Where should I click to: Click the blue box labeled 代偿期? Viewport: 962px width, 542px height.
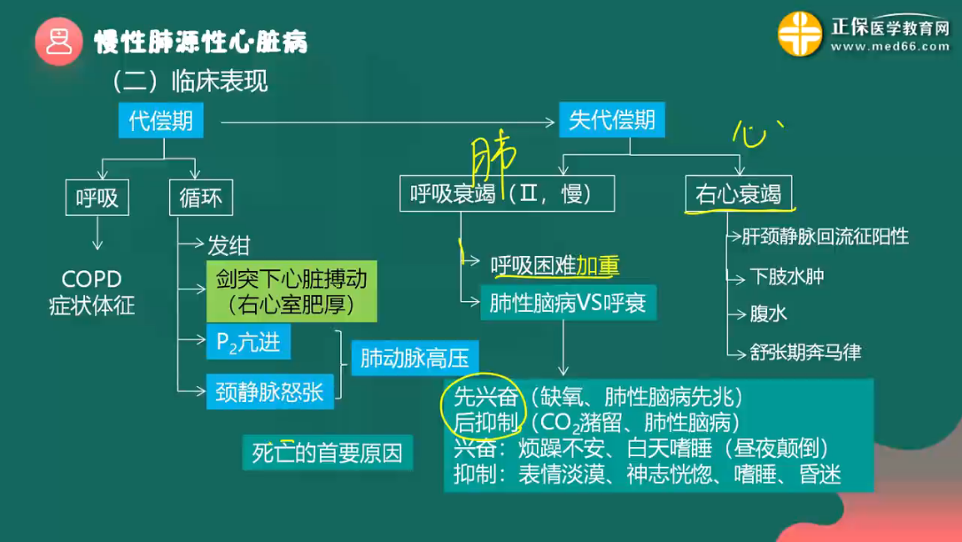point(160,120)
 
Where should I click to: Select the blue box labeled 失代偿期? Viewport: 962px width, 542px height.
point(611,120)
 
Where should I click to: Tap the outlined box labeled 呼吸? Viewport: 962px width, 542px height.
point(97,197)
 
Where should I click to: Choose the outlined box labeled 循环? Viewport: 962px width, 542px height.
point(201,197)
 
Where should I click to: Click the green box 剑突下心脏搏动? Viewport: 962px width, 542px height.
point(291,291)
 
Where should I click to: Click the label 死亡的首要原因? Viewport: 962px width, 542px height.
point(327,453)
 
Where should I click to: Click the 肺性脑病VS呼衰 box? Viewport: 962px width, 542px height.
point(567,304)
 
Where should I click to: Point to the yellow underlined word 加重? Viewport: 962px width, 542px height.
point(598,265)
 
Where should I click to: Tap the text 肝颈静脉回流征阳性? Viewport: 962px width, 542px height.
point(825,236)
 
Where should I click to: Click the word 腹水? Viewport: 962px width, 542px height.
point(768,314)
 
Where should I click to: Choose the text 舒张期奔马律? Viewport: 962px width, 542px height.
point(805,352)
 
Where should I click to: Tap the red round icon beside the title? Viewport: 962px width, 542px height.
point(58,41)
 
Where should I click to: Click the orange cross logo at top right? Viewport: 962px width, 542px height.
point(800,35)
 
